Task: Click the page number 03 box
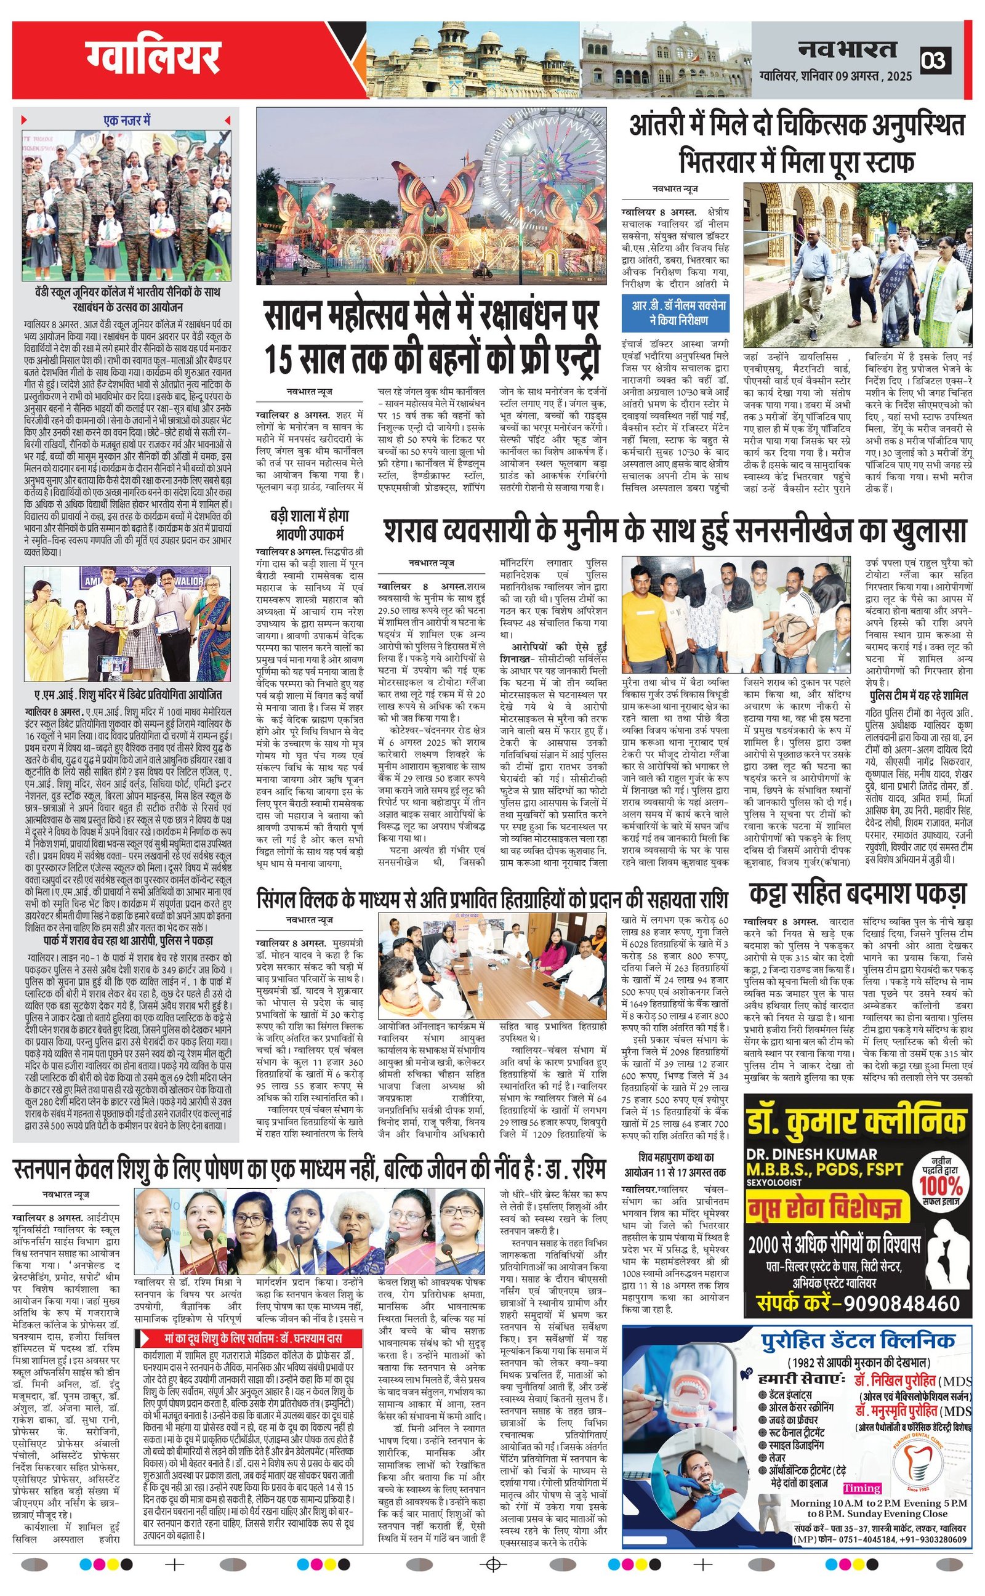coord(935,60)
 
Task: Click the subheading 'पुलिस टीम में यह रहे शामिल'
coord(919,696)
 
